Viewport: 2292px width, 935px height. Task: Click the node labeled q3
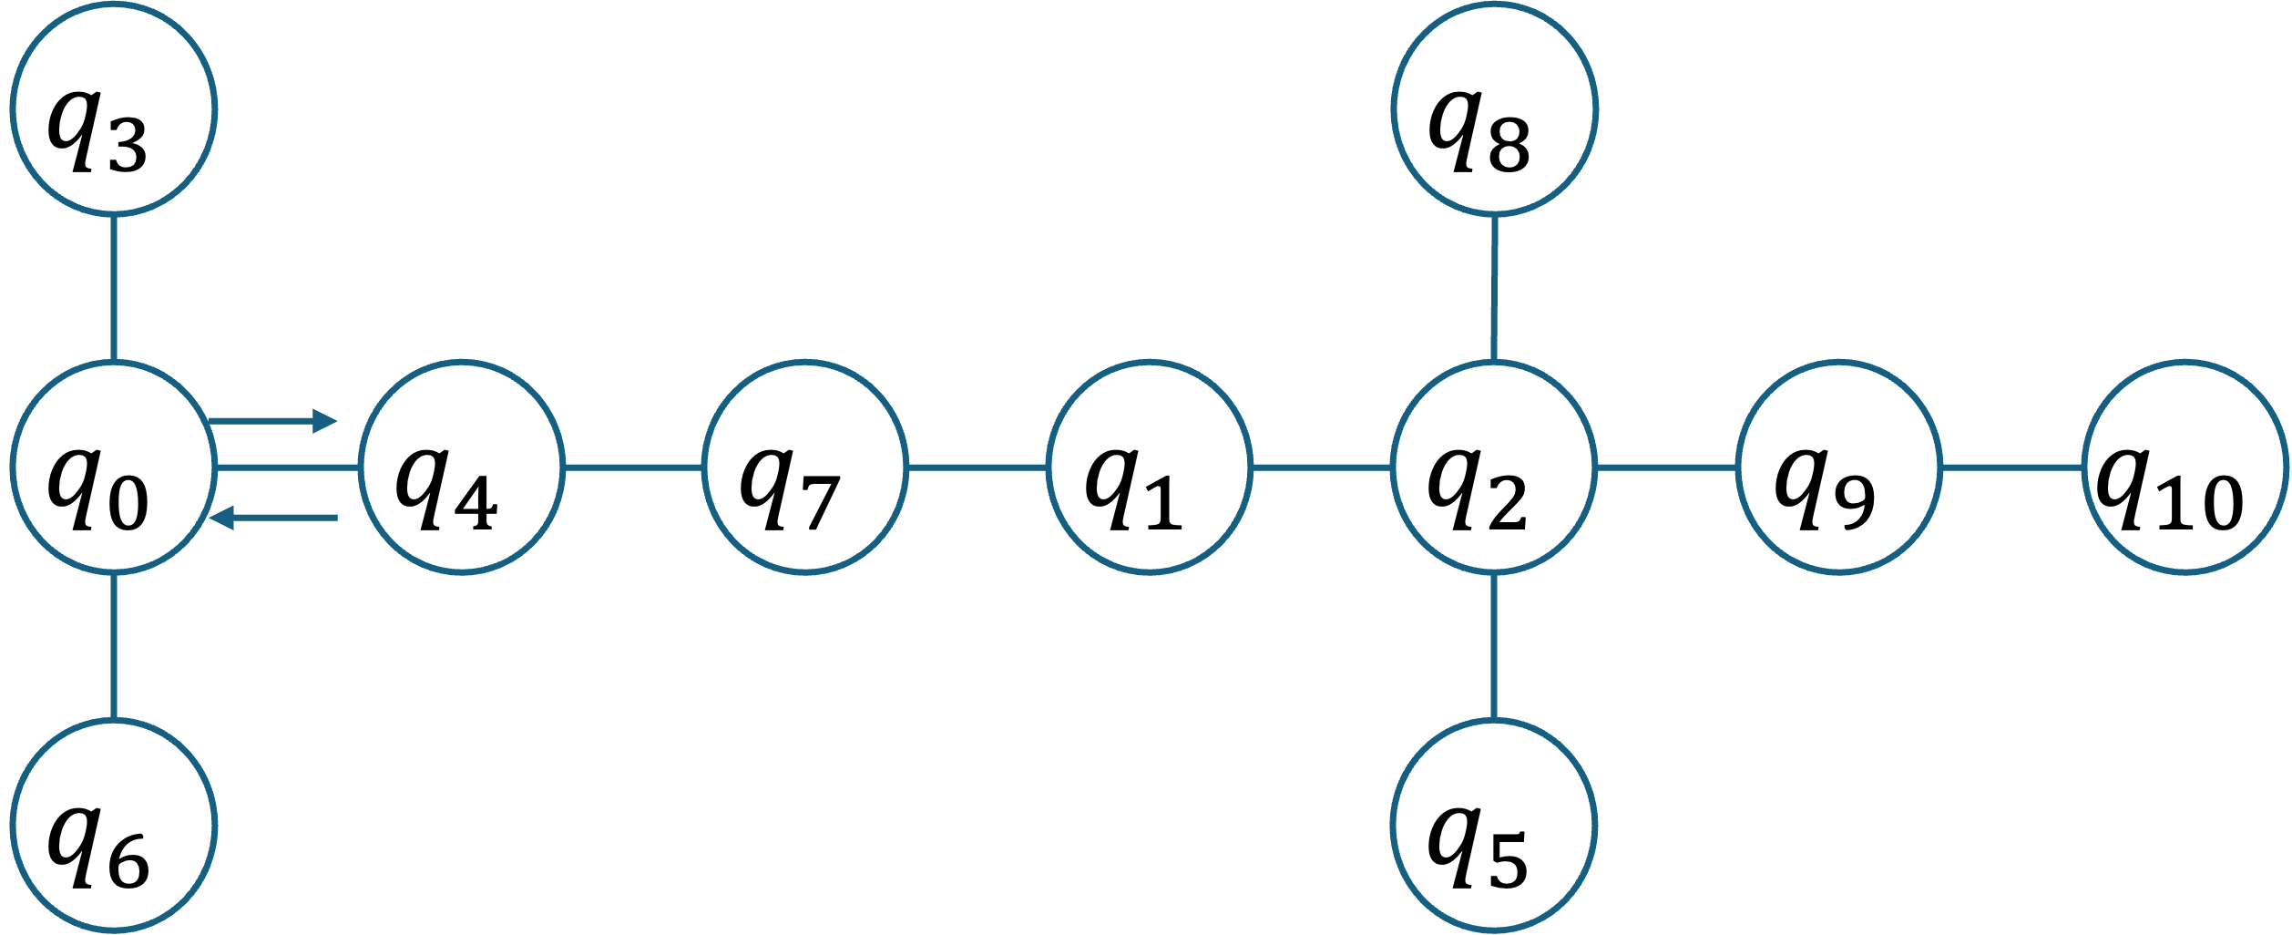click(113, 109)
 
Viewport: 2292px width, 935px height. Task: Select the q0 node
click(113, 467)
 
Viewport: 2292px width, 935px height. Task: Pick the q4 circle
click(461, 467)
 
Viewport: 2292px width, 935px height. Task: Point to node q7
click(804, 467)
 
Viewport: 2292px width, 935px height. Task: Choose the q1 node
click(1149, 467)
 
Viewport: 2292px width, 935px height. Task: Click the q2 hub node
click(1493, 467)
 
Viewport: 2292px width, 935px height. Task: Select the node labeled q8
click(1493, 109)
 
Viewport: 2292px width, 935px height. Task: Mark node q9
click(1838, 467)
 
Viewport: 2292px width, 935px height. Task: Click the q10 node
click(2185, 467)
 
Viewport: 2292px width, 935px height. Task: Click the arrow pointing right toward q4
click(273, 421)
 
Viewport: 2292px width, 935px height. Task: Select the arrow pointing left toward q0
click(273, 518)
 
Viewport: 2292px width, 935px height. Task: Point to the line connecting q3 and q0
click(113, 287)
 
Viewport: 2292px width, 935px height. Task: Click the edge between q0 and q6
click(113, 645)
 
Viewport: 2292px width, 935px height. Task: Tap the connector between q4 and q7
click(633, 467)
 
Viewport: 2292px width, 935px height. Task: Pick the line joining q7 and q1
click(977, 467)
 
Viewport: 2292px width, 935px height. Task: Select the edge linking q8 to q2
click(1494, 287)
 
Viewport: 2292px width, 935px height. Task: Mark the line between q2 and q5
click(1493, 645)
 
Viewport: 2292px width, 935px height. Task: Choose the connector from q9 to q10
click(2011, 467)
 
